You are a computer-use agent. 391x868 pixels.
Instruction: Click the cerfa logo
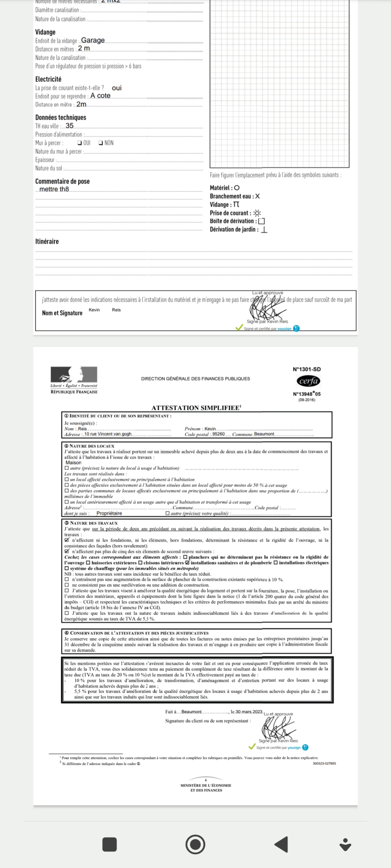click(x=308, y=381)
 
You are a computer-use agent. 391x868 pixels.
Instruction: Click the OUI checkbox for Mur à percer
click(x=79, y=143)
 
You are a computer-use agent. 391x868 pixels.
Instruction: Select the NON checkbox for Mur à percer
click(x=100, y=143)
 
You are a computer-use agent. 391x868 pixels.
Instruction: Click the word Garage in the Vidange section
click(x=93, y=40)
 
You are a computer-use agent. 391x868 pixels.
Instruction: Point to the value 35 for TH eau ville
click(x=69, y=126)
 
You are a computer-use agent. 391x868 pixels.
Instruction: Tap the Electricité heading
click(x=48, y=79)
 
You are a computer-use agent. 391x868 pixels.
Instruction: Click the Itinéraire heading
click(x=47, y=242)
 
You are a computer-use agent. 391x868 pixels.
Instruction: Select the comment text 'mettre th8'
click(x=54, y=189)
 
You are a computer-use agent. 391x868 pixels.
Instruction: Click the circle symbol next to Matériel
click(x=237, y=188)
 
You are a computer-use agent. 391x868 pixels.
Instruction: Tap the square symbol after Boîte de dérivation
click(x=261, y=221)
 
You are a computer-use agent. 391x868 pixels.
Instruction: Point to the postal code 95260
click(x=218, y=434)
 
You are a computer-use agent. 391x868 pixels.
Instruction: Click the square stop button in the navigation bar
click(x=109, y=844)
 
